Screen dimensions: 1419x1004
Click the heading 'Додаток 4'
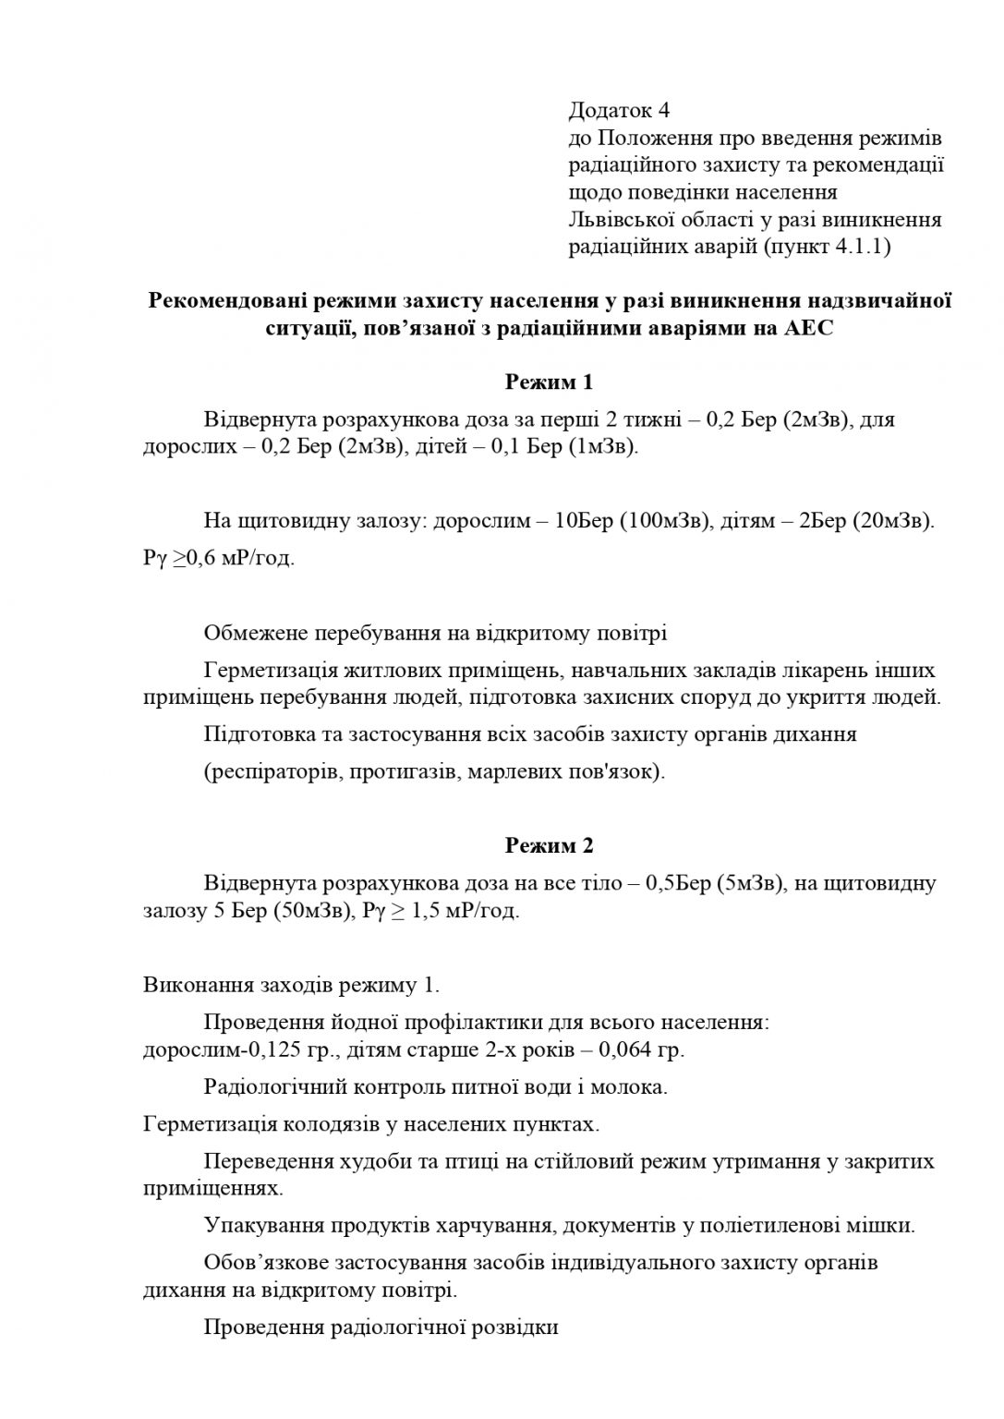pyautogui.click(x=618, y=111)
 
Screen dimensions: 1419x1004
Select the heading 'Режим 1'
pyautogui.click(x=549, y=382)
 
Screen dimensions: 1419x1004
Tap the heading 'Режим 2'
pyautogui.click(x=549, y=845)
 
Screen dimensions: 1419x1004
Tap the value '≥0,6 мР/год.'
pyautogui.click(x=234, y=560)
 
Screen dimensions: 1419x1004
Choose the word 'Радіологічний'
pyautogui.click(x=267, y=1087)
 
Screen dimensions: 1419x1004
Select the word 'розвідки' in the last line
pyautogui.click(x=514, y=1328)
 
